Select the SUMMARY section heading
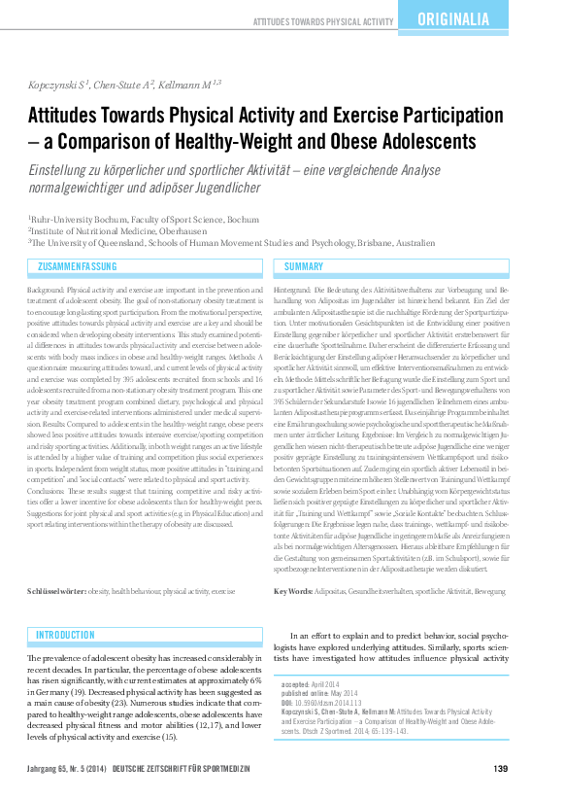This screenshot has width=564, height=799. [x=304, y=266]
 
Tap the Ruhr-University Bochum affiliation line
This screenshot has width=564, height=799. [x=144, y=220]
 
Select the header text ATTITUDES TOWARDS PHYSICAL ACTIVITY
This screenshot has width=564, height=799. [x=322, y=20]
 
